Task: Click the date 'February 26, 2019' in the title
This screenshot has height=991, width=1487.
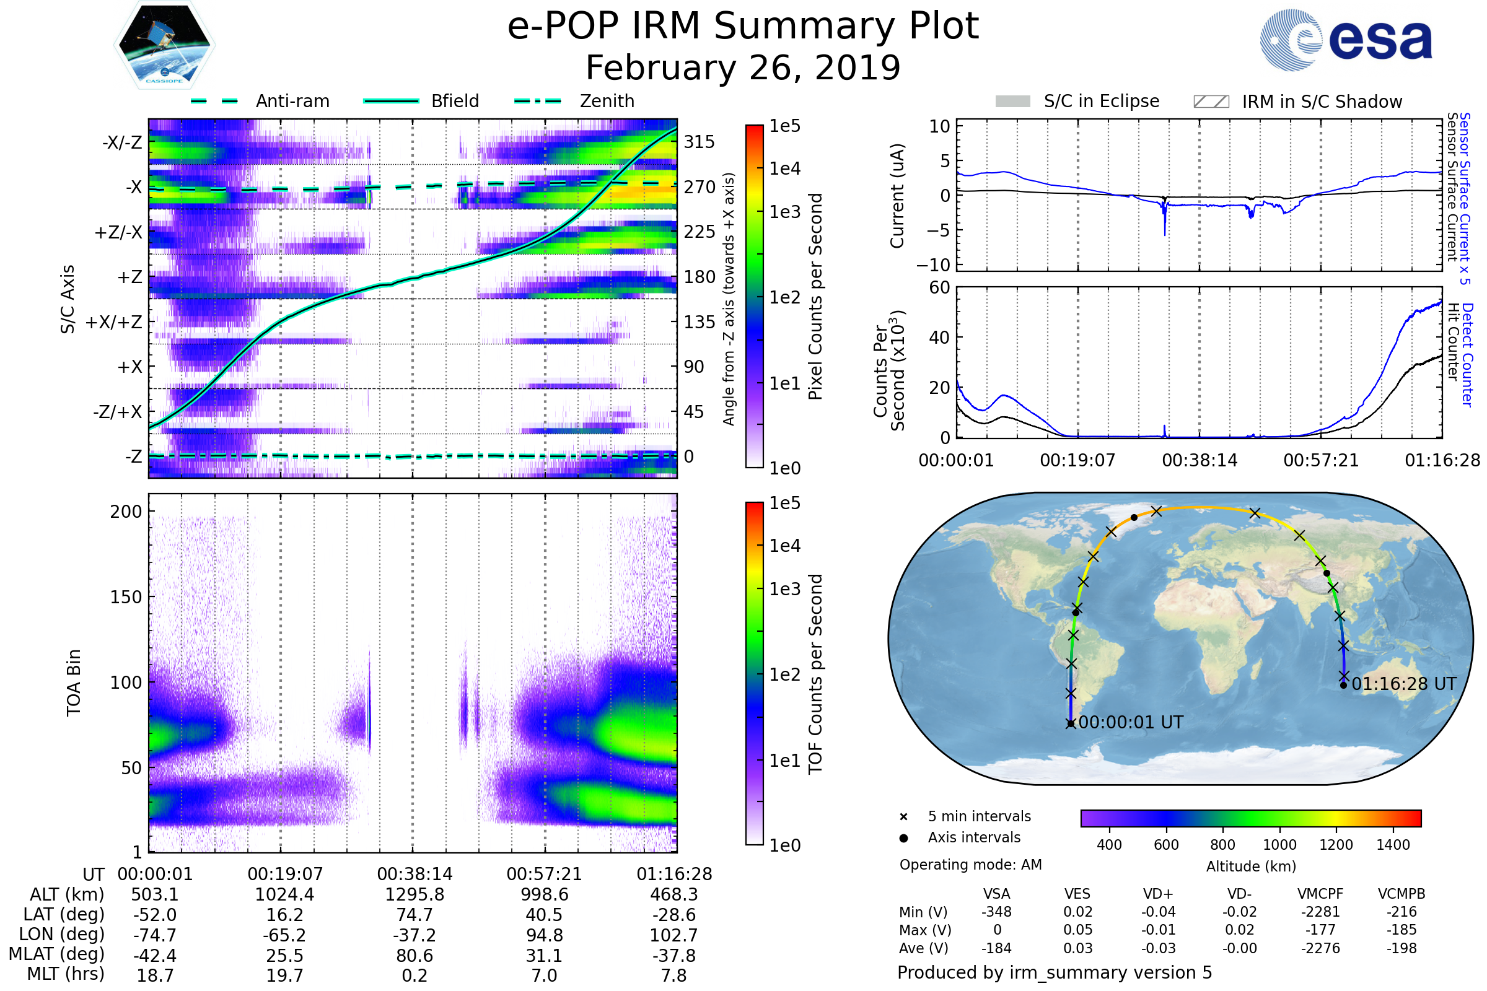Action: pos(743,68)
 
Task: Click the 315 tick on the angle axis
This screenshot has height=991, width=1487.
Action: pos(700,142)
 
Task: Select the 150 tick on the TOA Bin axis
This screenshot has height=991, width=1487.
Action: pos(126,597)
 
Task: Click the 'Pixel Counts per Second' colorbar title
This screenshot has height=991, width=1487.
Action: pos(815,297)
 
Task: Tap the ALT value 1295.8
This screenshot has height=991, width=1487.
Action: pos(414,895)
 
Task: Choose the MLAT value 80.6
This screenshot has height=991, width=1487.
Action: pos(414,956)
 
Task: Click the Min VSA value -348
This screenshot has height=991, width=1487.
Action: pos(996,912)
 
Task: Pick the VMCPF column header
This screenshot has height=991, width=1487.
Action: pos(1320,894)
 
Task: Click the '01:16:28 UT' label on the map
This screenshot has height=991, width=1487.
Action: pos(1404,684)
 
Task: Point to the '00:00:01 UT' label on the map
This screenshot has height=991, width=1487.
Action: pos(1130,722)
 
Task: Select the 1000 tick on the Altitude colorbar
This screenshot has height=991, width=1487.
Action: pos(1279,845)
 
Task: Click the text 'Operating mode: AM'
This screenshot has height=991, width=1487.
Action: pos(970,865)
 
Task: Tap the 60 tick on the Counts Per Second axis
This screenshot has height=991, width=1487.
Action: pos(939,288)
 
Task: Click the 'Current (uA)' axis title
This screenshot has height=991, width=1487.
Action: pos(897,196)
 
